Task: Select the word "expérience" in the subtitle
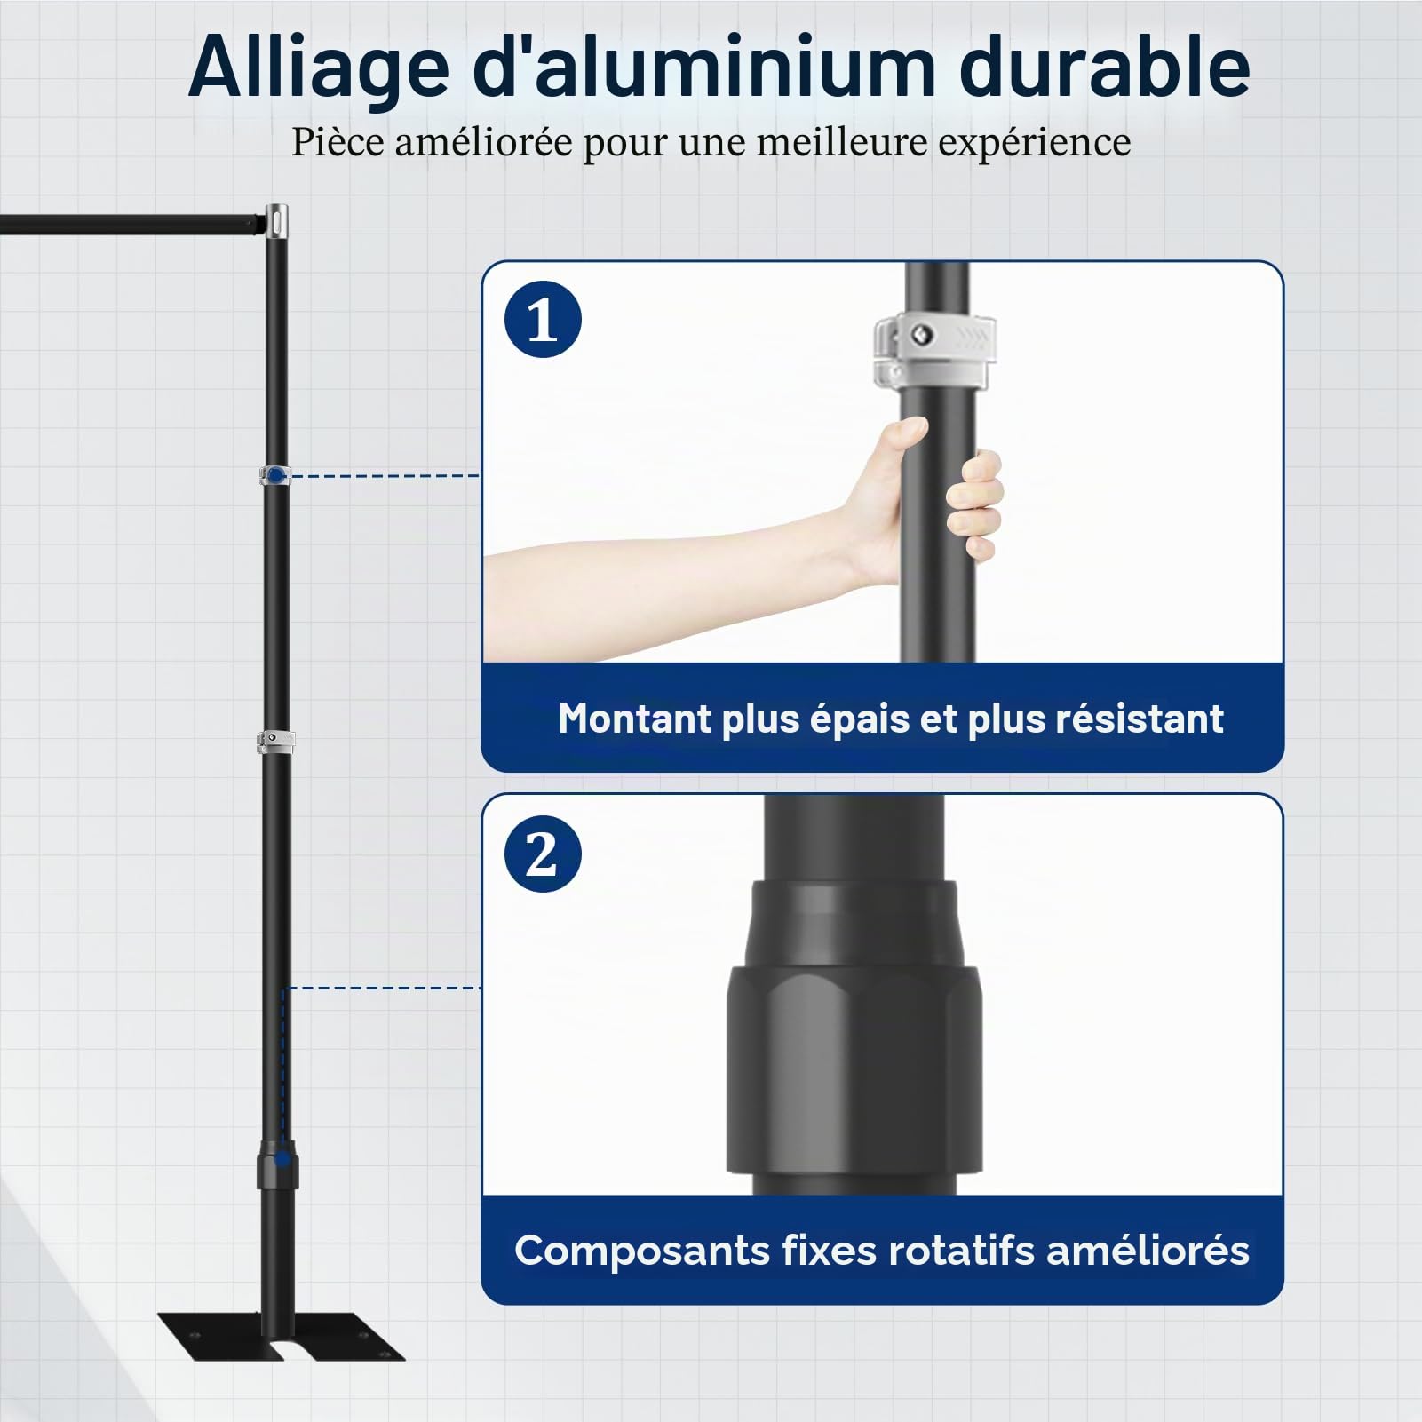pos(1033,143)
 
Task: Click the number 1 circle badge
pos(543,319)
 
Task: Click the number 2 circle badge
pos(543,854)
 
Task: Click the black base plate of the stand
pos(281,1337)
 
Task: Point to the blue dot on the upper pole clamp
pos(277,476)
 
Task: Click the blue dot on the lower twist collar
pos(282,1158)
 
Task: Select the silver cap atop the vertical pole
pos(277,218)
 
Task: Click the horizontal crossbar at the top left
pos(133,222)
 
